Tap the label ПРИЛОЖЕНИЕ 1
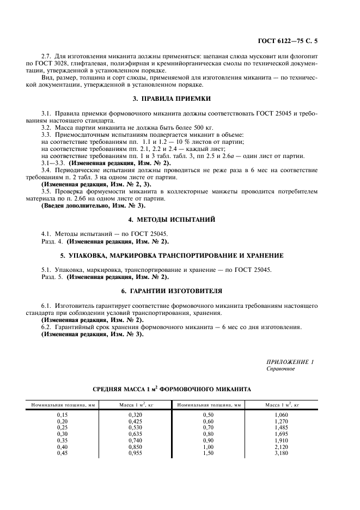pos(290,362)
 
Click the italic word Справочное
pos(280,369)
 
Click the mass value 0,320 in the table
pos(135,415)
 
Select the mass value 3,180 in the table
pos(281,452)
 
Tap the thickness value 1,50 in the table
pos(209,452)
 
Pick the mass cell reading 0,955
pos(135,452)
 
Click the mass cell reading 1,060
pos(281,415)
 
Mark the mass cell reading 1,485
pos(281,428)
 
